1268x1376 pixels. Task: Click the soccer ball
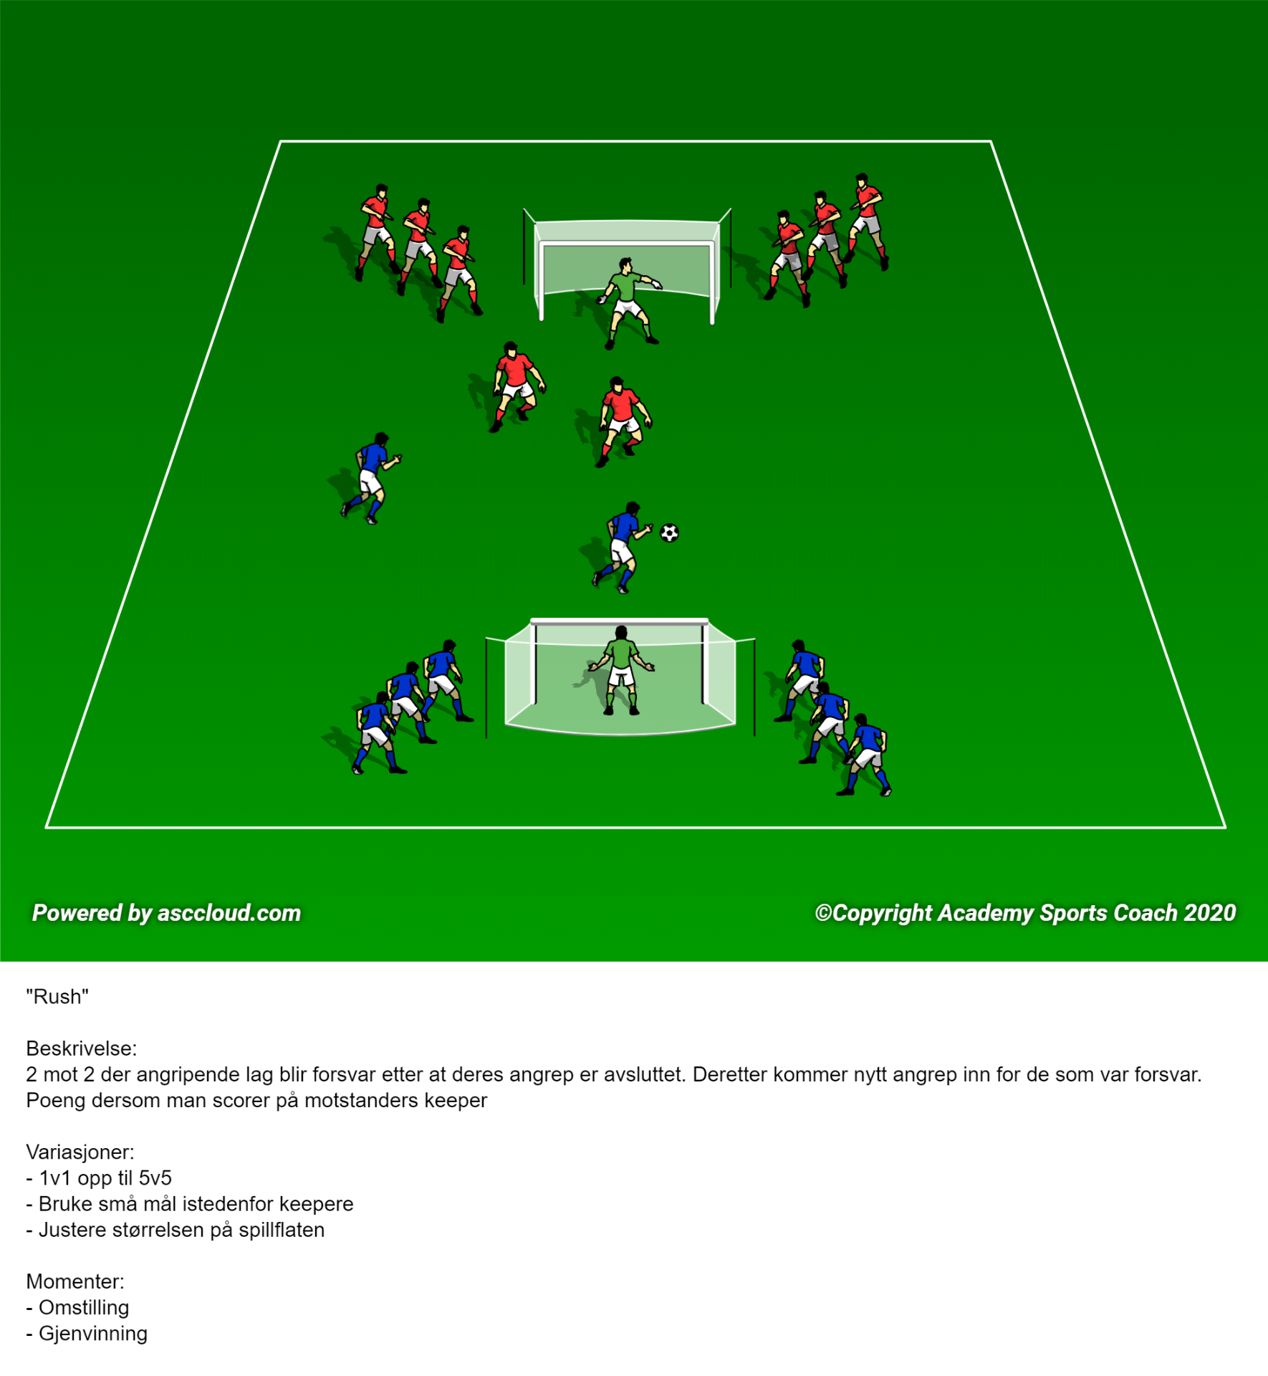(x=669, y=532)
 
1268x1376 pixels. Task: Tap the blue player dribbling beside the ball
(x=622, y=548)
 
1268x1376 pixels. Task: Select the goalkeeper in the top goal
(x=629, y=303)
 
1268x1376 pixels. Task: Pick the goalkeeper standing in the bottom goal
(x=621, y=671)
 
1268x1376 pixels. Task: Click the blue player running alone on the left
(x=370, y=478)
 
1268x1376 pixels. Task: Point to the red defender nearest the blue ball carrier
(x=623, y=421)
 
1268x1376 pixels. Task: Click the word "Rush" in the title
(x=57, y=997)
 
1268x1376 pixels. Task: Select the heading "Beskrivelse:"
(x=81, y=1048)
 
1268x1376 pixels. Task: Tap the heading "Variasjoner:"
(x=80, y=1152)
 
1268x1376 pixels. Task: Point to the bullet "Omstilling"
(x=84, y=1307)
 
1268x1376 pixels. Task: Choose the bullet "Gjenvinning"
(x=93, y=1333)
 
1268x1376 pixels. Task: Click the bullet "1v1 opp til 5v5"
(x=105, y=1177)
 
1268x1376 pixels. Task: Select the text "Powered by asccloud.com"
(x=166, y=912)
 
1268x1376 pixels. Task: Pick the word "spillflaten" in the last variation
(x=282, y=1230)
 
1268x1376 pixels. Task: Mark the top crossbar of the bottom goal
(x=620, y=621)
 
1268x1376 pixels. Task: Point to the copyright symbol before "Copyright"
(x=823, y=912)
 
